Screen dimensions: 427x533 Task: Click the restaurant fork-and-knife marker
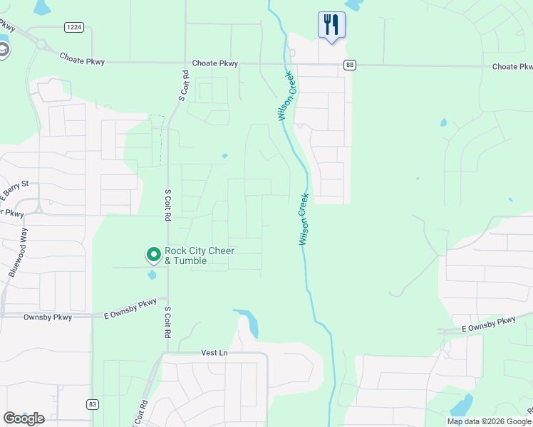click(x=331, y=25)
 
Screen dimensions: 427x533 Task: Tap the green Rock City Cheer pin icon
click(x=153, y=254)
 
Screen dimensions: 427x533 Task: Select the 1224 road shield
click(x=73, y=27)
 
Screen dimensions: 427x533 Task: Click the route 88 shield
click(x=349, y=65)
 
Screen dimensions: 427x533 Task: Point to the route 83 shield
click(x=93, y=404)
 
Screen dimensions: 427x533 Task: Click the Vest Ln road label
click(x=214, y=352)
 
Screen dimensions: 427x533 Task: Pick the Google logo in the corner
click(x=24, y=418)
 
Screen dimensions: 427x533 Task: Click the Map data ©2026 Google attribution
click(x=490, y=421)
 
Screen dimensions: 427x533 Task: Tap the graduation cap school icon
click(x=4, y=50)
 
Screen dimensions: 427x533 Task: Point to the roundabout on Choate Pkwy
click(x=41, y=44)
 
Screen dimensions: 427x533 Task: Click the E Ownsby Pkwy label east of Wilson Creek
click(x=488, y=324)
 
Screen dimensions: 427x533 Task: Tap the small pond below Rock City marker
click(x=152, y=275)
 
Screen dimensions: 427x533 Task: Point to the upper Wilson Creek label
click(x=286, y=96)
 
